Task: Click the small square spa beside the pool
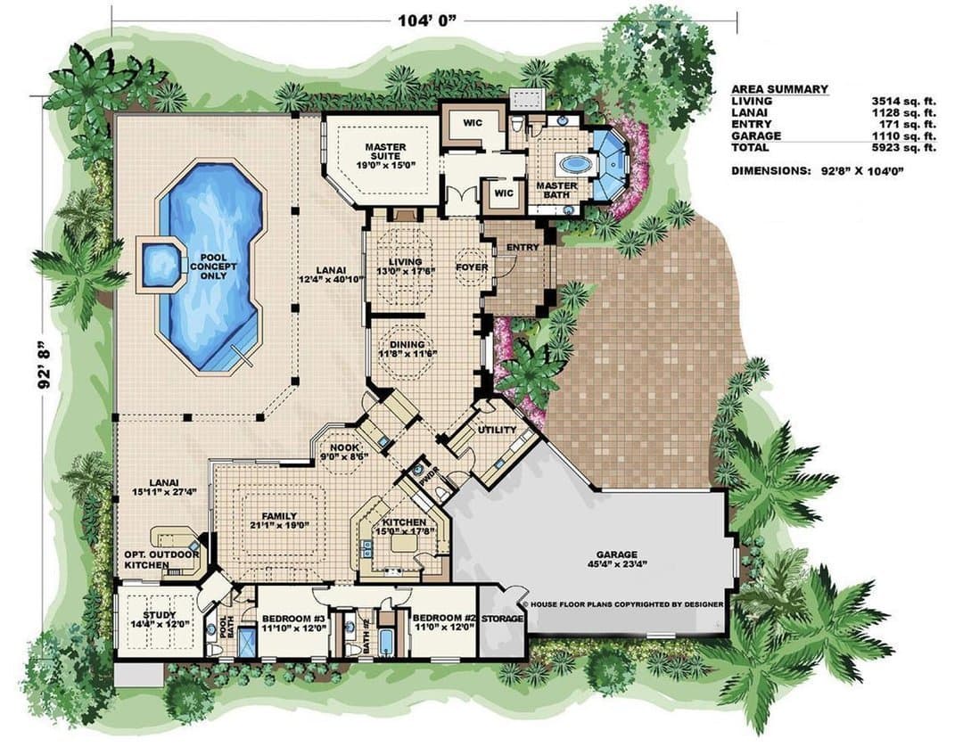pos(160,265)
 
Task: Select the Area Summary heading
pos(779,89)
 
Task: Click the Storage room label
pos(502,619)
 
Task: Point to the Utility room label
pos(498,430)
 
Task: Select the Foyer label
pos(472,267)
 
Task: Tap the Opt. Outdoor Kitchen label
pos(162,560)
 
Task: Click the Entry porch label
pos(523,247)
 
